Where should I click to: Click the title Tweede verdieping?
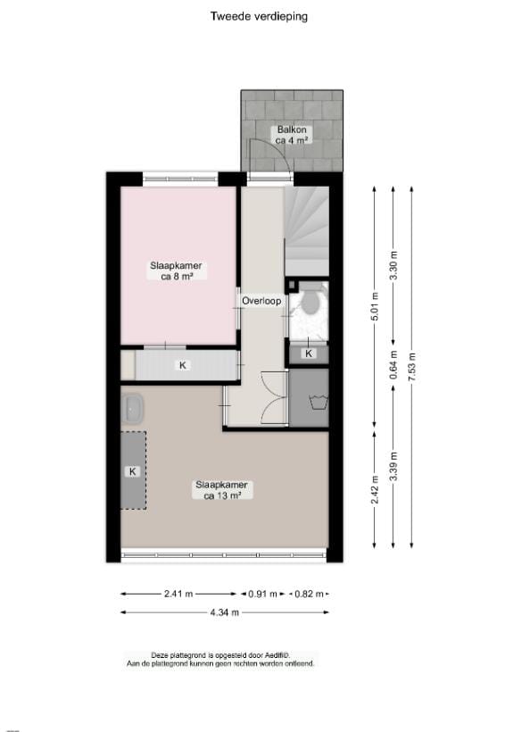pyautogui.click(x=259, y=15)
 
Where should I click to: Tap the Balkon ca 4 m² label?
pyautogui.click(x=292, y=135)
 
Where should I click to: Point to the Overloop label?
pyautogui.click(x=261, y=301)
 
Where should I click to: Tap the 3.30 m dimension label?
pyautogui.click(x=393, y=267)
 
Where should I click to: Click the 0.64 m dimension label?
pyautogui.click(x=393, y=369)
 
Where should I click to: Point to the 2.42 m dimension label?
pyautogui.click(x=375, y=482)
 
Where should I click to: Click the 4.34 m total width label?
pyautogui.click(x=226, y=612)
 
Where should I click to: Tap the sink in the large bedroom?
pyautogui.click(x=135, y=409)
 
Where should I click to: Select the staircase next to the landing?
pyautogui.click(x=306, y=230)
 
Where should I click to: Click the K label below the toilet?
pyautogui.click(x=309, y=354)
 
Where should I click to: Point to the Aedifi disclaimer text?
pyautogui.click(x=220, y=660)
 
